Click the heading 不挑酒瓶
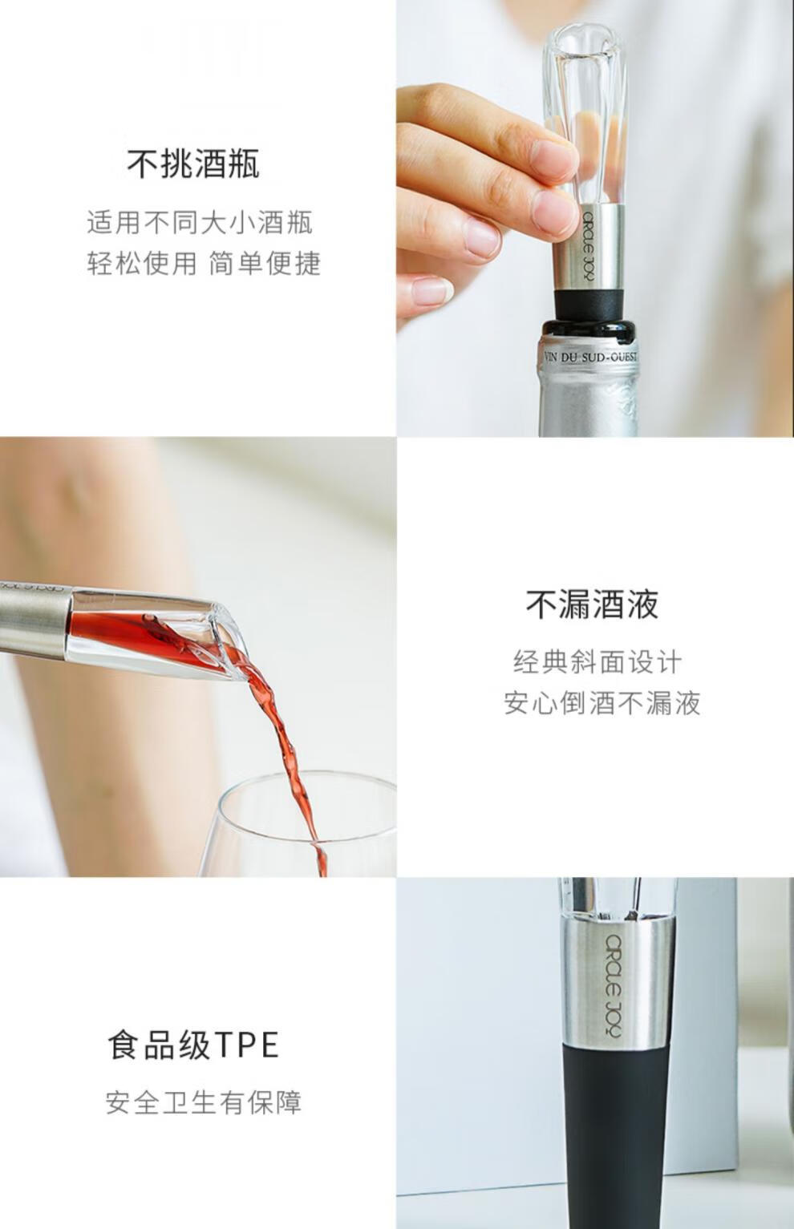pos(193,163)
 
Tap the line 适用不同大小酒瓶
pos(200,223)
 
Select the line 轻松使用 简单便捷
pos(204,263)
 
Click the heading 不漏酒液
pos(592,604)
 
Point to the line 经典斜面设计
pos(598,661)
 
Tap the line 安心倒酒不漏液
pos(602,703)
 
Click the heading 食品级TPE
pos(193,1045)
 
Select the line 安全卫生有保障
pos(204,1102)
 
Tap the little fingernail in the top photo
pos(431,291)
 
